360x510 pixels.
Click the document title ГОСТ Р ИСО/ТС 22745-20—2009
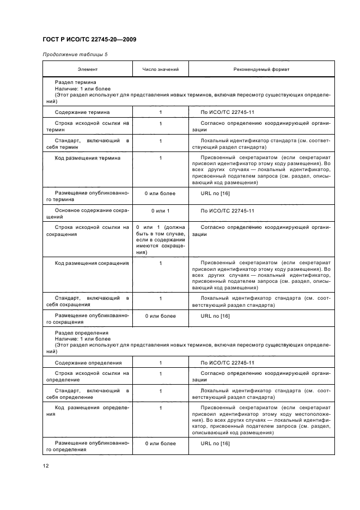coord(89,40)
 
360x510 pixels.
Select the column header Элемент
coord(88,70)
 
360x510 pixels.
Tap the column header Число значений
coord(160,70)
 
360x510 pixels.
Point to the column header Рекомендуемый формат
coord(261,70)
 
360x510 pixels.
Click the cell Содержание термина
coord(82,112)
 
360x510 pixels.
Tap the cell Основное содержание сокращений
coord(88,214)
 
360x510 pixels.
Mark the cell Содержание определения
coord(88,362)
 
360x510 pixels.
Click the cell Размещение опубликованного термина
coord(88,196)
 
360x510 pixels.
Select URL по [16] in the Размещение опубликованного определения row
coord(215,444)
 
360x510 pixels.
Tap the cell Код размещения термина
coord(88,158)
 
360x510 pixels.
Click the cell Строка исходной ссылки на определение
coord(88,377)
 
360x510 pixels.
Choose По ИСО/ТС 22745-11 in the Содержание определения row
coord(228,362)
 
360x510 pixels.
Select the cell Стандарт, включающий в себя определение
coord(88,394)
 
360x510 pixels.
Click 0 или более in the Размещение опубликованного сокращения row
coord(160,316)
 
